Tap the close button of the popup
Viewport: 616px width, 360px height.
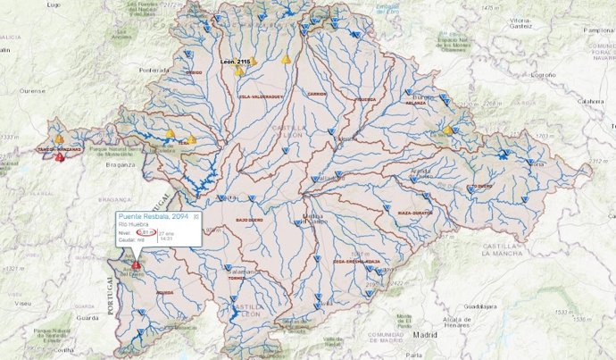(197, 217)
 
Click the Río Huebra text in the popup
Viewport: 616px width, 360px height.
(132, 226)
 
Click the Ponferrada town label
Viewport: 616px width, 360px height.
(154, 69)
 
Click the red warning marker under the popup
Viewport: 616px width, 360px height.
(136, 265)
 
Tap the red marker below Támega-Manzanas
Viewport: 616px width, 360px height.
(59, 157)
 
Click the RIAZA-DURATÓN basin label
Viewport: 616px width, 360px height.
(415, 213)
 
